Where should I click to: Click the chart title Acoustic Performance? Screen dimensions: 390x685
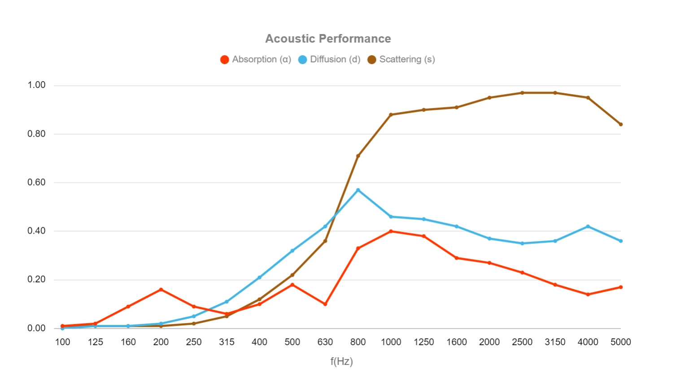328,39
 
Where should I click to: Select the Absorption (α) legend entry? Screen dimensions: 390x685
256,60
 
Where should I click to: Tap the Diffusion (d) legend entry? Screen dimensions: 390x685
329,60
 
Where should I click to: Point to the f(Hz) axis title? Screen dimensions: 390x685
341,361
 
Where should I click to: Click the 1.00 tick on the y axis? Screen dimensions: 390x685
36,85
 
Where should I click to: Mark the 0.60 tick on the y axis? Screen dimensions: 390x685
36,182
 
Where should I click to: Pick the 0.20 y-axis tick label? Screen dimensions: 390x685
36,280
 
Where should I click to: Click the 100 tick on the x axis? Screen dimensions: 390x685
62,342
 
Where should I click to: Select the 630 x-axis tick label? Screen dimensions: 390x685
325,342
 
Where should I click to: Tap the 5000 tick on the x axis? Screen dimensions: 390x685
620,342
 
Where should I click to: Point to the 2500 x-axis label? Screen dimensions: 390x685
522,342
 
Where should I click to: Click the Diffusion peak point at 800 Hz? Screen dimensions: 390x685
358,190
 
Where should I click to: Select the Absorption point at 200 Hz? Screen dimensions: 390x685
161,290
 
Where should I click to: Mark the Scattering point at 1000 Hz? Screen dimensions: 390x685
391,115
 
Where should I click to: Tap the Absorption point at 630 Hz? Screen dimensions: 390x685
325,304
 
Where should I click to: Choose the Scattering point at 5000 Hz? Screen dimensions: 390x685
621,124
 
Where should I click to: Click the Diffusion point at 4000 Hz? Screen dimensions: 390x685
588,226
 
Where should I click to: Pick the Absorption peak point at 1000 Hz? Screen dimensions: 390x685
391,231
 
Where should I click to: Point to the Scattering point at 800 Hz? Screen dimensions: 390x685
358,156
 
